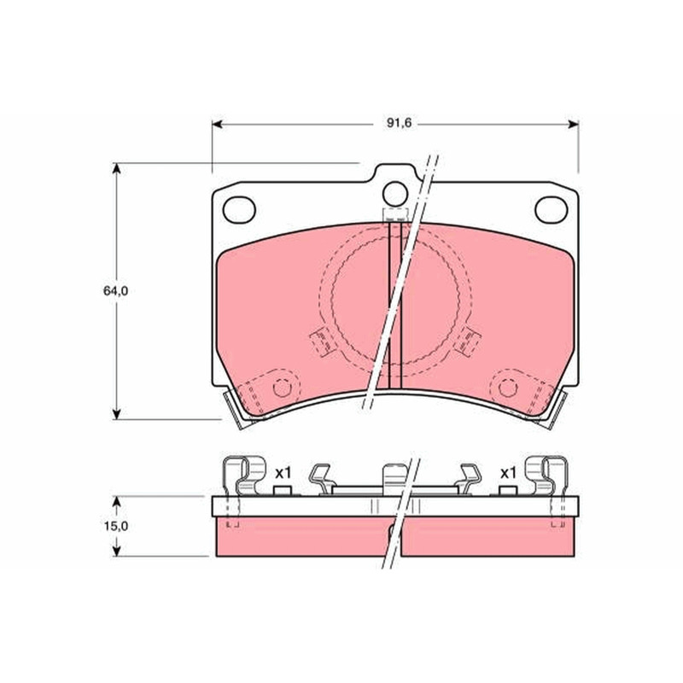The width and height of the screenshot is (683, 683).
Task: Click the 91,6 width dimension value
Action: coord(399,123)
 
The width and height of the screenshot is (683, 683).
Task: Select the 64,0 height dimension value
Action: coord(115,291)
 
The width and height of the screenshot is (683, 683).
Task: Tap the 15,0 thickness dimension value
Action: coord(116,526)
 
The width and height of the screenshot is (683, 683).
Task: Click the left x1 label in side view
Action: coord(283,472)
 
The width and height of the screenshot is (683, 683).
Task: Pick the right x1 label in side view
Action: coord(508,473)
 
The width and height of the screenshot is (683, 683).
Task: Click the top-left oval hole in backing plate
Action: coord(239,209)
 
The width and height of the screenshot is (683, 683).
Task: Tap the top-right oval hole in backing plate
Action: coord(551,209)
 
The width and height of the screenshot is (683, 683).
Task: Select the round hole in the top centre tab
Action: coord(395,194)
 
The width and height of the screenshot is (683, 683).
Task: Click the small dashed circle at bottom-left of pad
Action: coord(282,388)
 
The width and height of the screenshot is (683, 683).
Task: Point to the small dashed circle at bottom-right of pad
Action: coord(507,388)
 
